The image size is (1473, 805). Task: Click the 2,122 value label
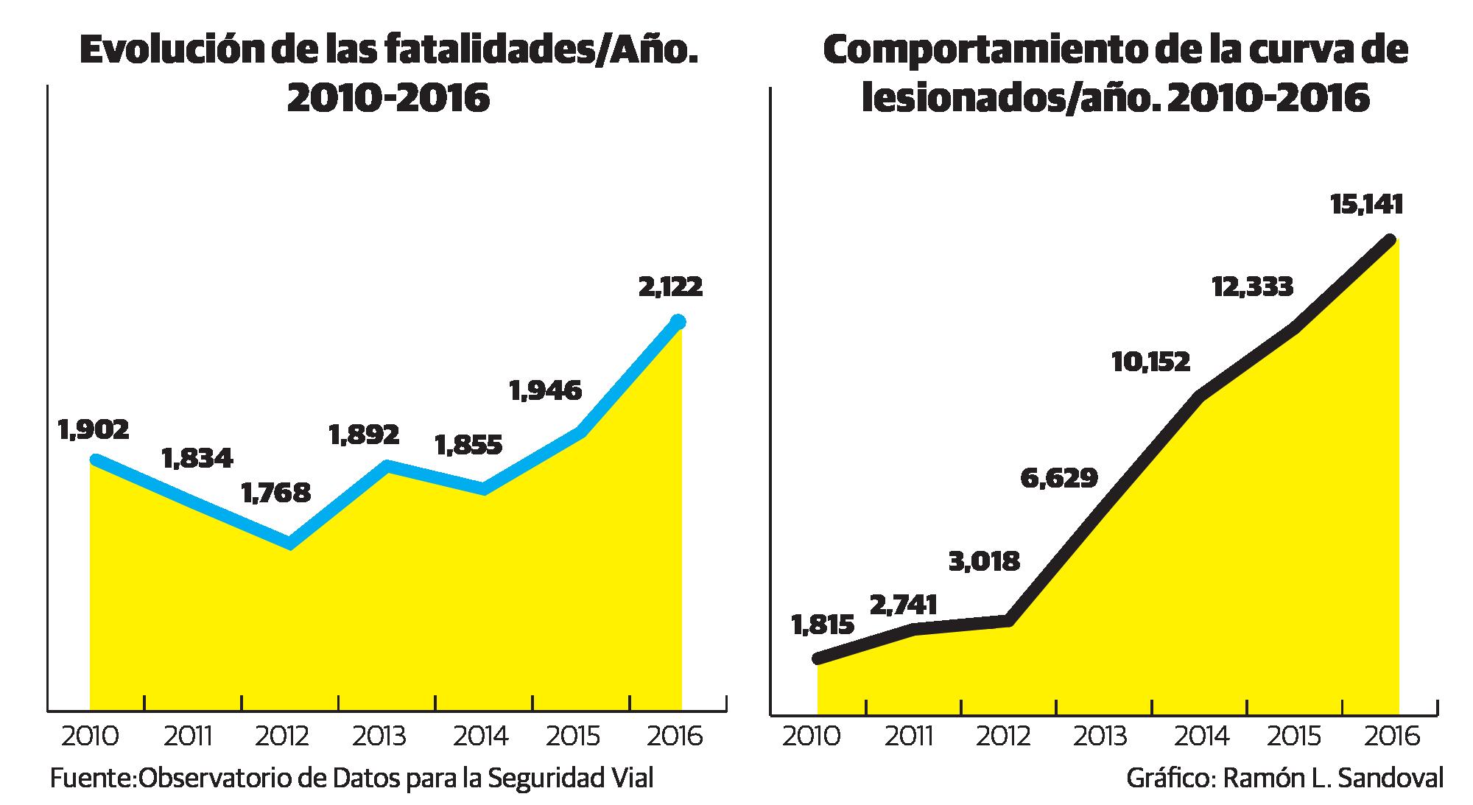(x=670, y=287)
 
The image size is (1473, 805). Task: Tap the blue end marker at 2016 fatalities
(x=678, y=321)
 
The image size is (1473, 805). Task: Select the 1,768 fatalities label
(x=276, y=493)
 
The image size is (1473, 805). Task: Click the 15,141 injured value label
(x=1366, y=204)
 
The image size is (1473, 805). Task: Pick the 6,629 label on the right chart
(x=1059, y=478)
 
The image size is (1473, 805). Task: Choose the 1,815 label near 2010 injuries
(x=823, y=625)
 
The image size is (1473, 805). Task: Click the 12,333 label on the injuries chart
(x=1252, y=286)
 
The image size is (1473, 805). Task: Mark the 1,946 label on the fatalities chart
(x=545, y=390)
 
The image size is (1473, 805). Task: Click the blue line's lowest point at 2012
(x=290, y=544)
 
